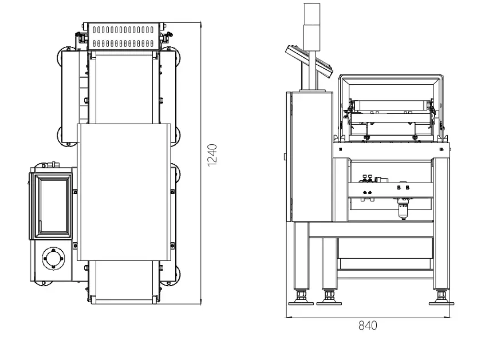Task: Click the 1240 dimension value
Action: click(x=212, y=155)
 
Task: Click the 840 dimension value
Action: click(x=368, y=326)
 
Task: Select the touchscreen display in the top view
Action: click(x=53, y=205)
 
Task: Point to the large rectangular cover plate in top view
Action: click(x=124, y=191)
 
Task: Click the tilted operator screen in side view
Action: click(x=310, y=60)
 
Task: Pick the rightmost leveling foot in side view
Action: click(x=441, y=298)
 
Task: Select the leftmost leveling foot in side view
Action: click(x=301, y=298)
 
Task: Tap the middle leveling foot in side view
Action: click(x=329, y=298)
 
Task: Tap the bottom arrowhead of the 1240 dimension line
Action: click(x=201, y=301)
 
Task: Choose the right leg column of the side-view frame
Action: click(x=441, y=223)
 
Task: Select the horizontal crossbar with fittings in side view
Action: click(x=389, y=188)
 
